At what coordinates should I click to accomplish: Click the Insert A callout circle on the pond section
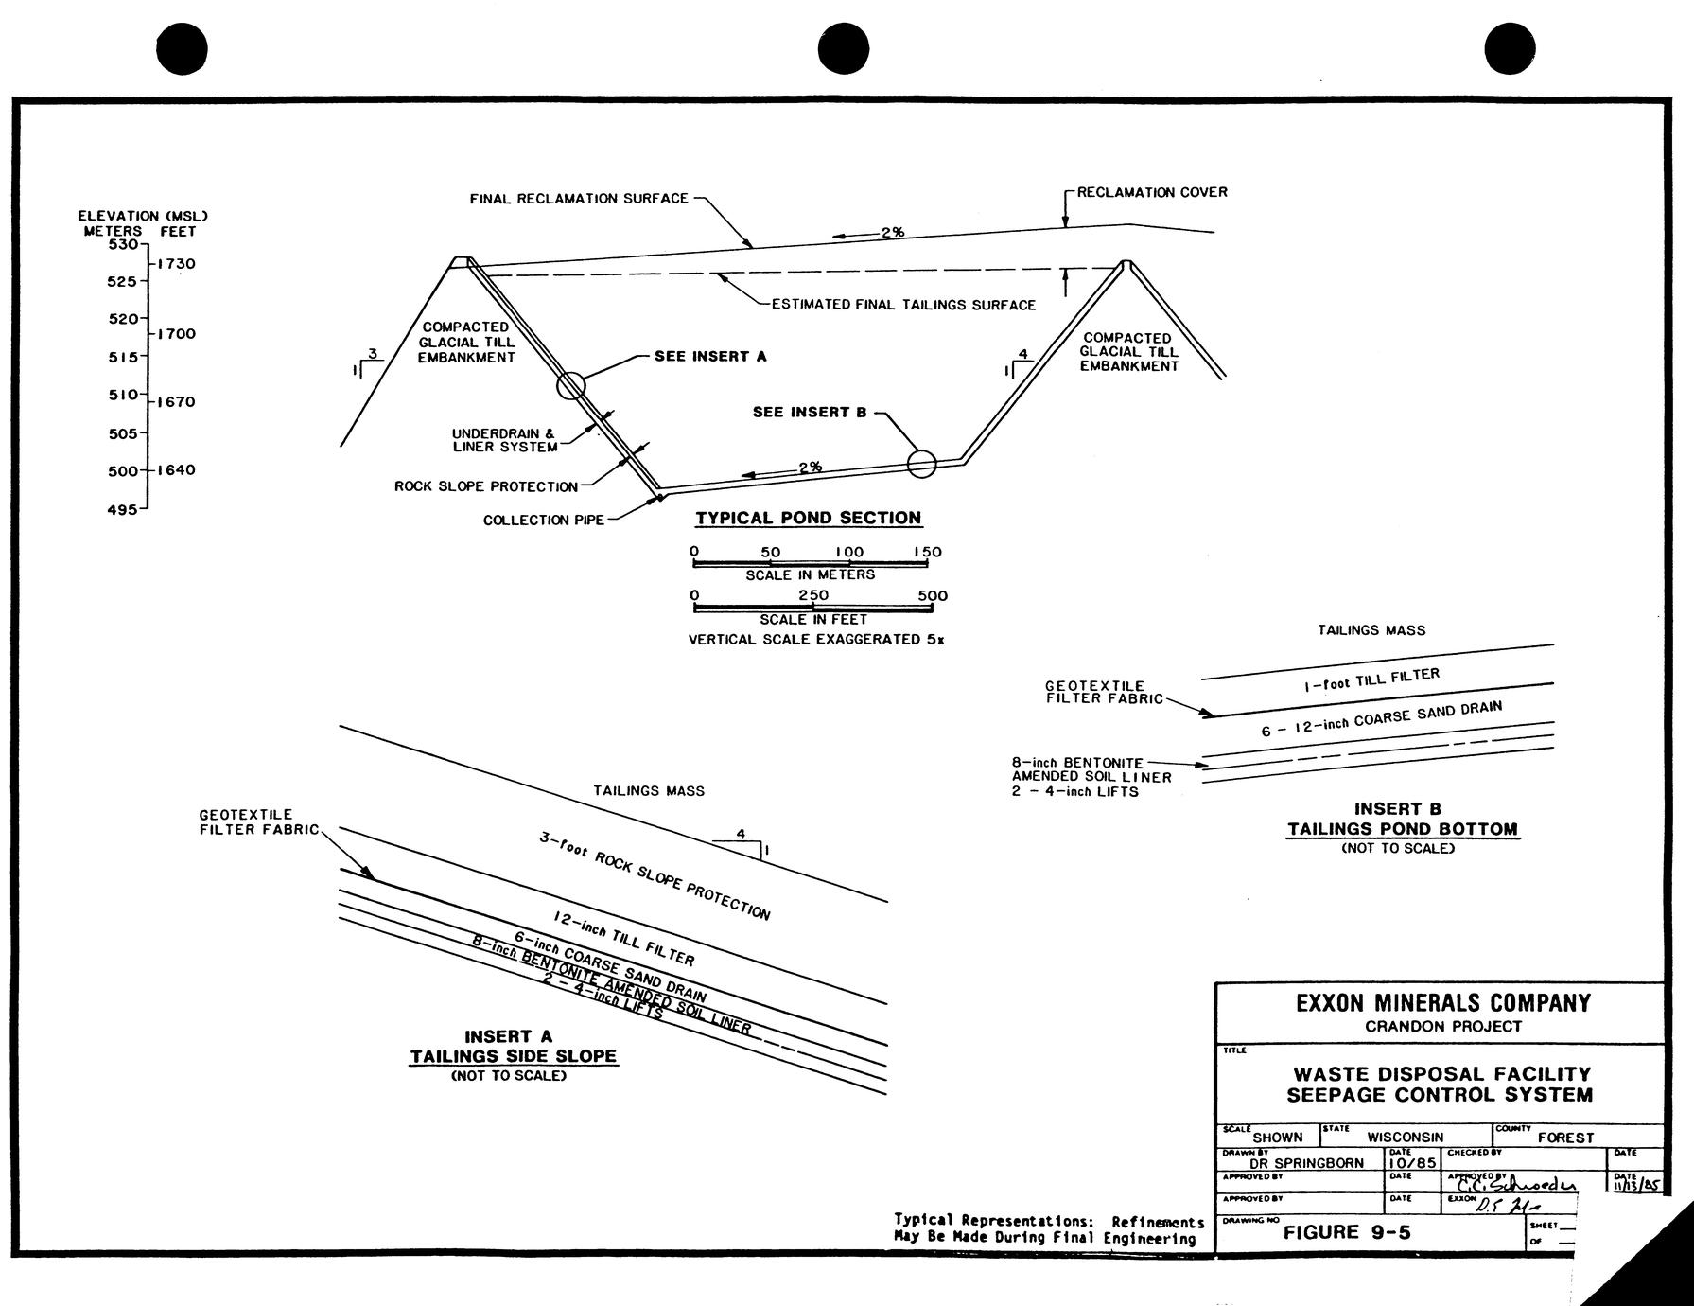coord(571,385)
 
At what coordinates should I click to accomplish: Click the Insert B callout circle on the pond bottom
coord(921,464)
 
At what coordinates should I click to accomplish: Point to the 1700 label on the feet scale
coord(176,333)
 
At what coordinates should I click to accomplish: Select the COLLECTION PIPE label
coord(543,521)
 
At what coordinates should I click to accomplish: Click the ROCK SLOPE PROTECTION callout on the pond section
coord(485,486)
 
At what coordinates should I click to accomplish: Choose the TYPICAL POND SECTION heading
coord(809,518)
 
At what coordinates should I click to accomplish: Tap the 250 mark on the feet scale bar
coord(812,595)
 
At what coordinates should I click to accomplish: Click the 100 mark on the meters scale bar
coord(848,552)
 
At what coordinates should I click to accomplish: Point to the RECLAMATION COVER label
coord(1152,192)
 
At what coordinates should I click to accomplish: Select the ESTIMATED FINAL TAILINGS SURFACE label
coord(903,305)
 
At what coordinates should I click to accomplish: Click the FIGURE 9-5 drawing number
coord(1346,1231)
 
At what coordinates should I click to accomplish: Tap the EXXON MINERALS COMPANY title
coord(1442,1003)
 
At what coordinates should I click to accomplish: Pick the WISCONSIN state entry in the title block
coord(1405,1137)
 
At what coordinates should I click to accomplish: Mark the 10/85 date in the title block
coord(1412,1162)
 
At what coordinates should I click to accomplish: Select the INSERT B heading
coord(1397,809)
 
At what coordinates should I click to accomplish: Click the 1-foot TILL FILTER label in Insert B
coord(1371,679)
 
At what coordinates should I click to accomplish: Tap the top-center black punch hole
coord(843,48)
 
